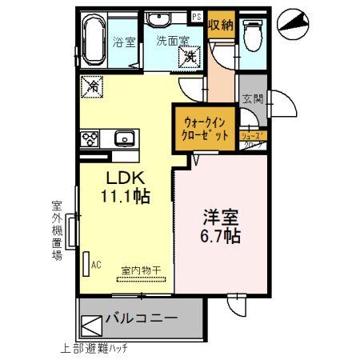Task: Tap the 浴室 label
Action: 124,42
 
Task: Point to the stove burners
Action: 89,139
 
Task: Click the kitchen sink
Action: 124,139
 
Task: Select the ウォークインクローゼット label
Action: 206,128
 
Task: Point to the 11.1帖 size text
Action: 124,194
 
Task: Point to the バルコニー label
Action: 141,320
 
